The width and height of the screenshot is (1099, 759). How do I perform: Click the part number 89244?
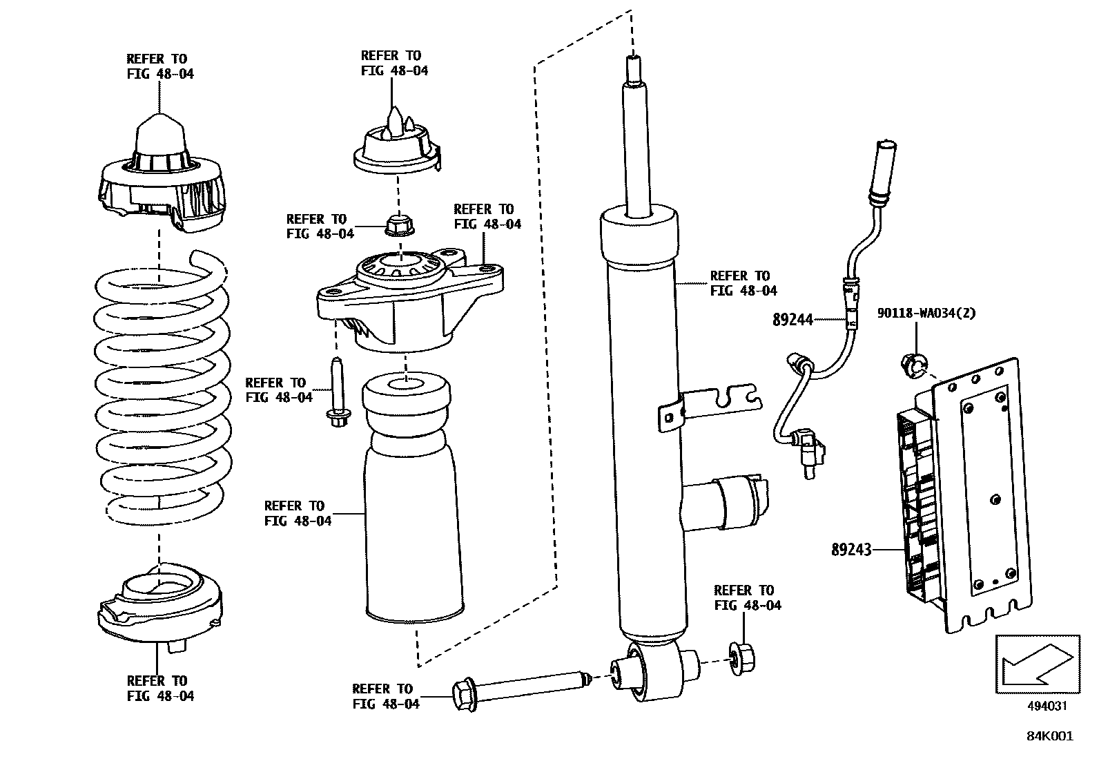[792, 320]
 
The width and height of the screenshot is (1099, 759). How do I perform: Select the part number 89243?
[851, 550]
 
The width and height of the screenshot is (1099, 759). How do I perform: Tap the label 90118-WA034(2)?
[926, 313]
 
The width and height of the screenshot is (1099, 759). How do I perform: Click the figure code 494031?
[1047, 706]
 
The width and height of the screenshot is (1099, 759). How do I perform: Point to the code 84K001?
[1049, 736]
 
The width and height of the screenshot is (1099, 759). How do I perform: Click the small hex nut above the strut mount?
[396, 224]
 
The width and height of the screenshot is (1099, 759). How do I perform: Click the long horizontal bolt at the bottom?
[518, 686]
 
